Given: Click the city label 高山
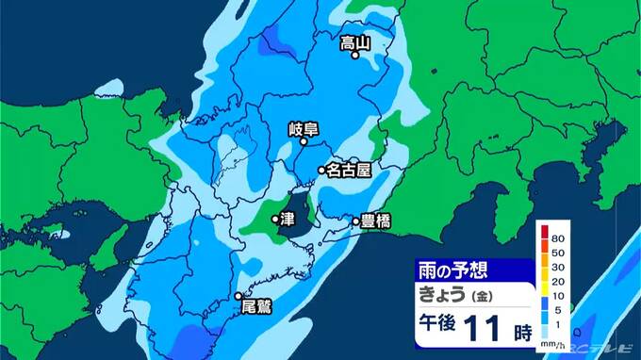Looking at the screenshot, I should pos(354,41).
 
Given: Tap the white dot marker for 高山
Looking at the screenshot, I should pos(355,55).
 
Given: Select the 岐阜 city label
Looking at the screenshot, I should pos(304,131).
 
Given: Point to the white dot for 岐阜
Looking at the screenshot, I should pos(304,145).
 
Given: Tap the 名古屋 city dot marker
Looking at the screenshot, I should pos(321,171).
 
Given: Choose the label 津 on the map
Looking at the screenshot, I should pos(288,220).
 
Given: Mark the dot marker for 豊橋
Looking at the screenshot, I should pos(356,222).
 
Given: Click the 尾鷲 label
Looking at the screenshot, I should pos(256,306).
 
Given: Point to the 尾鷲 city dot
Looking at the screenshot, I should pos(238,298).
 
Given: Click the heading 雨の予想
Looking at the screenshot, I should pos(453,270).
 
